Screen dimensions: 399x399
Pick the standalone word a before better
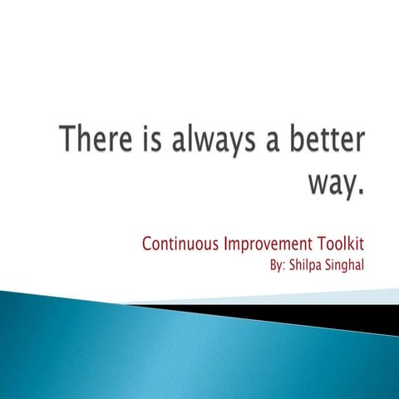[x=266, y=142]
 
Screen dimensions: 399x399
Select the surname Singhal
[x=346, y=268]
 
